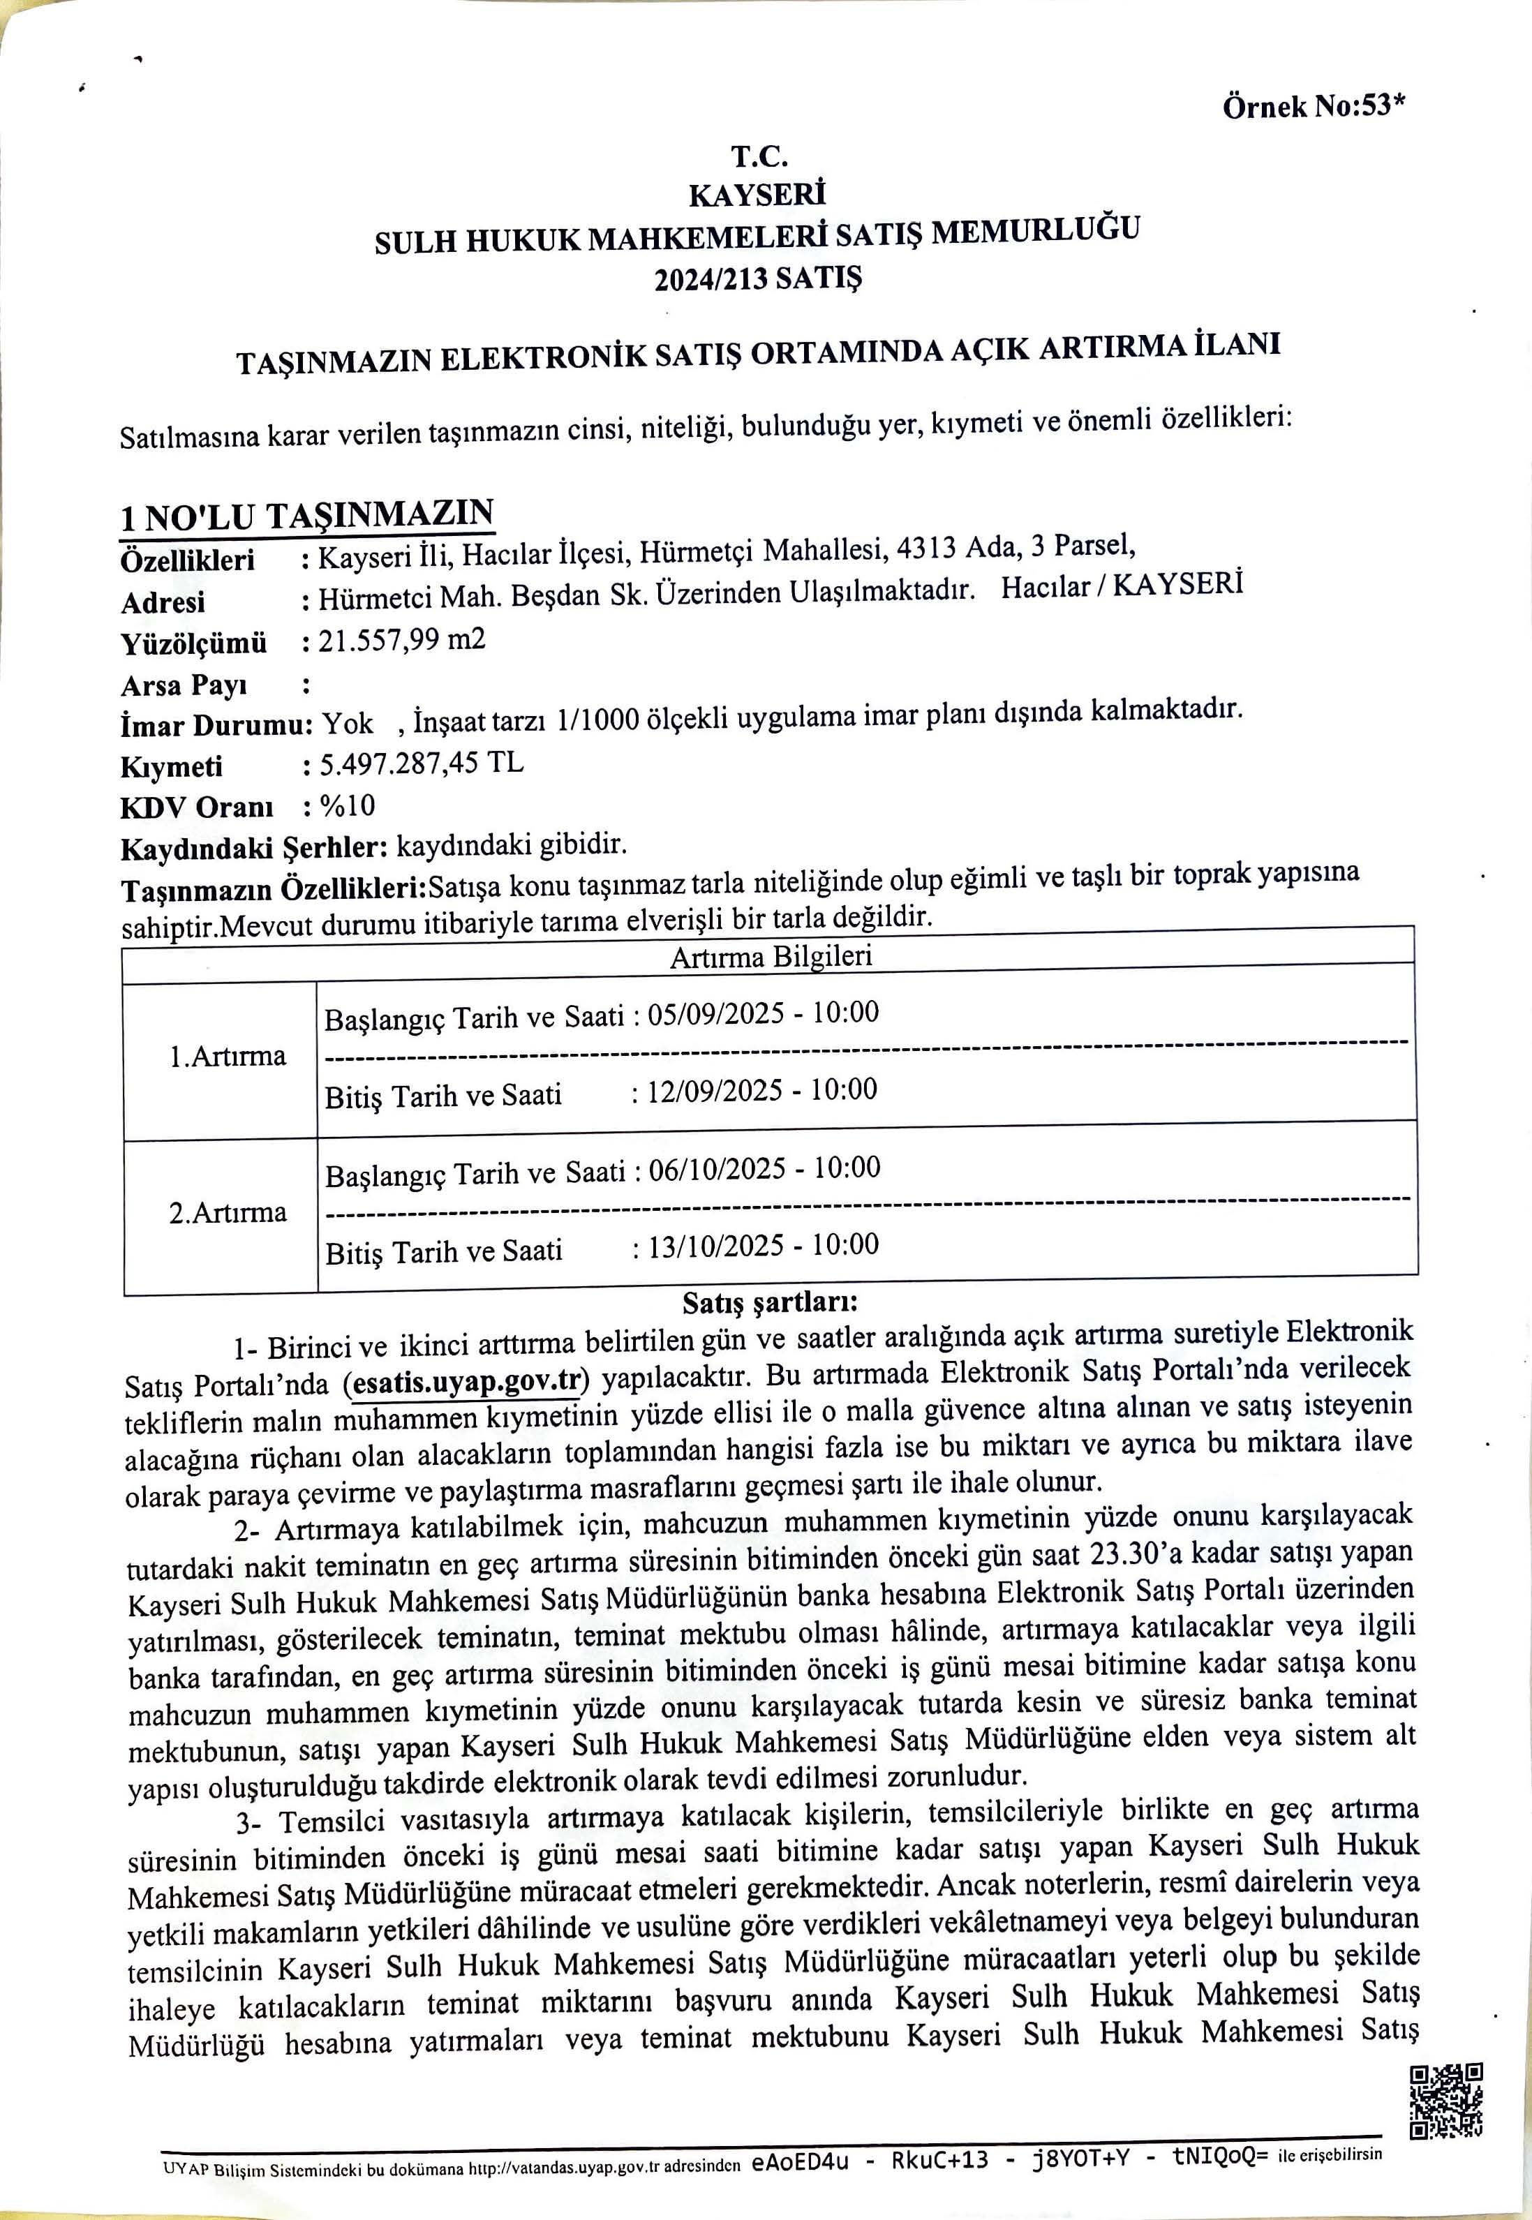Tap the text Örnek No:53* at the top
click(1312, 107)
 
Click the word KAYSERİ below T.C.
click(757, 195)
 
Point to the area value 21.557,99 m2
click(401, 639)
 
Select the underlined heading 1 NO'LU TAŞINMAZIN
click(306, 516)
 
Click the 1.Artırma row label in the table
click(228, 1057)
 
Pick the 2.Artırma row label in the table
click(228, 1212)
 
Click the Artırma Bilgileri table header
click(770, 956)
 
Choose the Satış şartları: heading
click(770, 1302)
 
